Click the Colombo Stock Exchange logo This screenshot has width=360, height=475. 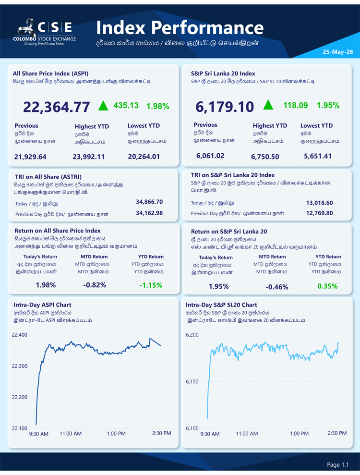(x=44, y=32)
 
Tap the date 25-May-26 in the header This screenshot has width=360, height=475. (x=337, y=52)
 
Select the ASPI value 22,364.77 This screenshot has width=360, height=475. (x=56, y=107)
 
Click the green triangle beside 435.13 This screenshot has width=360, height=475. (x=103, y=106)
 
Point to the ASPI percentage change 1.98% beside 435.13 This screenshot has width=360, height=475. (x=158, y=106)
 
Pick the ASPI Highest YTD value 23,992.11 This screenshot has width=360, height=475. (x=88, y=157)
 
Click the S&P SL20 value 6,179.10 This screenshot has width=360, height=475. (x=224, y=107)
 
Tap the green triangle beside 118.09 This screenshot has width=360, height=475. (x=268, y=105)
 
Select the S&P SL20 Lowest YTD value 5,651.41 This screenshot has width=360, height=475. (x=318, y=156)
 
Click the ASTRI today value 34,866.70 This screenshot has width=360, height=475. (x=149, y=202)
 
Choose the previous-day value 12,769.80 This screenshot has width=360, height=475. (x=319, y=213)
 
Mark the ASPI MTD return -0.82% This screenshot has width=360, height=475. (x=95, y=285)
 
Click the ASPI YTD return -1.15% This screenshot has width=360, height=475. (x=151, y=285)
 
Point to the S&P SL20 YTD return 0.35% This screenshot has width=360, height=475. (x=327, y=286)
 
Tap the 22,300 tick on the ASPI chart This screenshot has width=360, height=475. (x=20, y=366)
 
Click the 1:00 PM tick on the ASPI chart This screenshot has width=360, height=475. (x=116, y=434)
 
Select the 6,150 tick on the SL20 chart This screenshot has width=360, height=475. (x=192, y=382)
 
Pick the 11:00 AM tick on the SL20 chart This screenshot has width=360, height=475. (x=247, y=434)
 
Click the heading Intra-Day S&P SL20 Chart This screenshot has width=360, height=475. (x=221, y=305)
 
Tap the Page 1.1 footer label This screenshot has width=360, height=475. (x=338, y=464)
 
